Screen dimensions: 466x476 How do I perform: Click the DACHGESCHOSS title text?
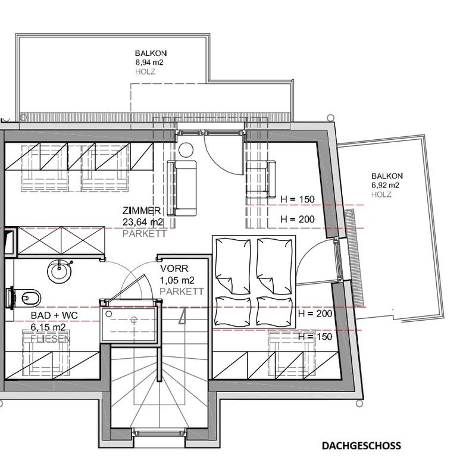coord(361,446)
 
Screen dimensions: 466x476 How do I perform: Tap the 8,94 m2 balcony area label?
coord(149,62)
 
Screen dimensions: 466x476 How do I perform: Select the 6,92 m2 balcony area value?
coord(385,185)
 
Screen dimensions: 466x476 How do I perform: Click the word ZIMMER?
coord(142,211)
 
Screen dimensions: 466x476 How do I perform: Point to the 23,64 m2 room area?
coord(143,222)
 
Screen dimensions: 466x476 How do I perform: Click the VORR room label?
coord(174,268)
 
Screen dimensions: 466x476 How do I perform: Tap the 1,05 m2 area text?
coord(177,280)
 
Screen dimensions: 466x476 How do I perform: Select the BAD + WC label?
coord(54,315)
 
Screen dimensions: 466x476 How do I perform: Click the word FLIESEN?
coord(51,339)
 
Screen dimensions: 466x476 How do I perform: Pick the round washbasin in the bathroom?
coord(60,271)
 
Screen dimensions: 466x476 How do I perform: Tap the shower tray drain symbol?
coord(133,320)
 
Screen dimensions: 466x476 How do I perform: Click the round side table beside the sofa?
coord(186,150)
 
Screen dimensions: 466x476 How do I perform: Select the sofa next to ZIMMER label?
coord(182,188)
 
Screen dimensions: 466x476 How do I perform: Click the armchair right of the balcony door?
coord(261,179)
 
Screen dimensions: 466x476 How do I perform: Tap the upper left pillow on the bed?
coord(233,266)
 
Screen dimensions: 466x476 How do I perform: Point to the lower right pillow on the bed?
coord(274,311)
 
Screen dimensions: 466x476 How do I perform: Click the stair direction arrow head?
coord(183,317)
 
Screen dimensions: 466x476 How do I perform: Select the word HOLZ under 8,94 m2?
coord(145,71)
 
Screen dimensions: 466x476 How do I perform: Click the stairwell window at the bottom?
coord(159,433)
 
